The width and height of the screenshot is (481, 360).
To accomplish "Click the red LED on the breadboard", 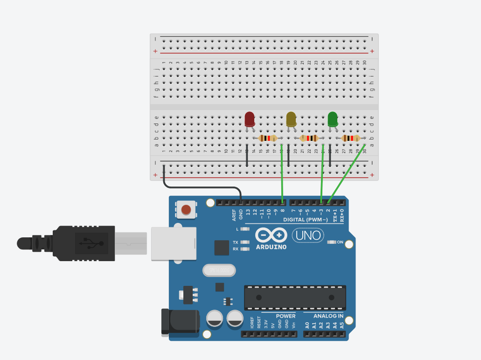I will coord(250,119).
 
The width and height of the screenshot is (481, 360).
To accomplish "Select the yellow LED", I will coord(291,119).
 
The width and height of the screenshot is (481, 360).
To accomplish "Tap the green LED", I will coord(333,119).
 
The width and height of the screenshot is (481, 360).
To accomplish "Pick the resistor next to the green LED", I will coord(351,138).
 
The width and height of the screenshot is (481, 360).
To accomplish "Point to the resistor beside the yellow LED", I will coord(309,138).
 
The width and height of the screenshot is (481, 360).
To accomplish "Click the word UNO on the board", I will coord(308,235).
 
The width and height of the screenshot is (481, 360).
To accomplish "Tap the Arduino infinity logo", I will coord(271,235).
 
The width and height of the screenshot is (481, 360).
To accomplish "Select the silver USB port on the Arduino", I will coord(174,243).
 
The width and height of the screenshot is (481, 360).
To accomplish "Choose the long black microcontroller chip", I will coord(295,298).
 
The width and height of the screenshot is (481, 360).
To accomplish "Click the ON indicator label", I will coord(340,242).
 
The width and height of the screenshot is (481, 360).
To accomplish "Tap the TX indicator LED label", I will coord(236,242).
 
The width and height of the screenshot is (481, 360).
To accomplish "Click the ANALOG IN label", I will coord(328,316).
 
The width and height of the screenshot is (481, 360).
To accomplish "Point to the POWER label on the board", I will coord(286,316).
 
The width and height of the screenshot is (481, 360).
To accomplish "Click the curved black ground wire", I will coord(201,187).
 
